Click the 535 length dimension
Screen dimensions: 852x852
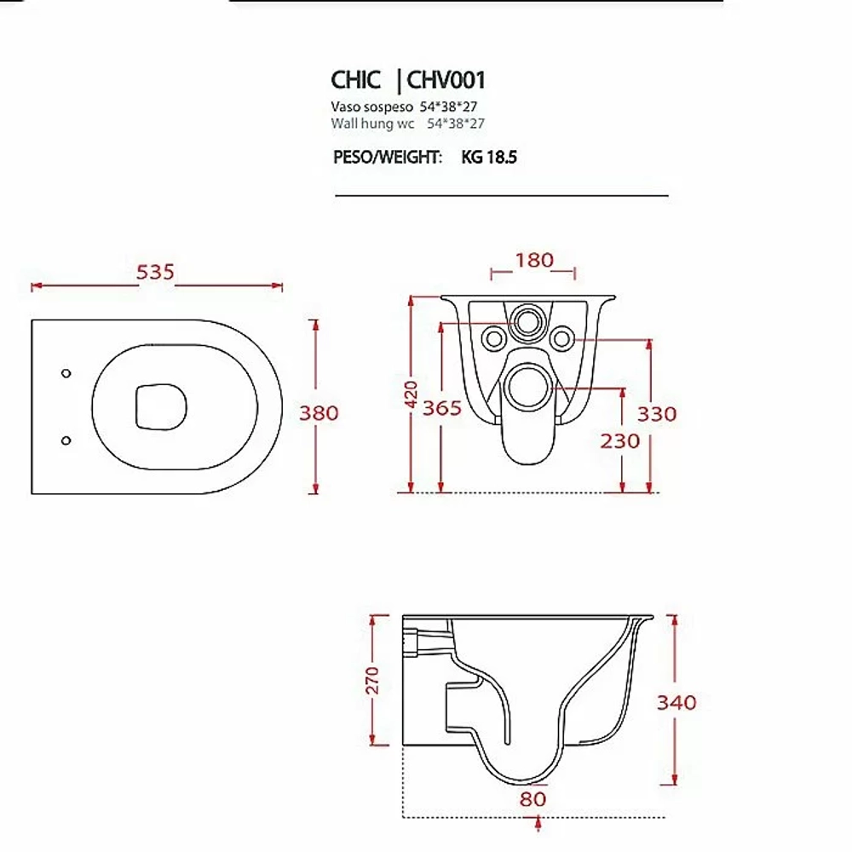tap(155, 272)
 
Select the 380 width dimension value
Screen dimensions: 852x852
tap(319, 413)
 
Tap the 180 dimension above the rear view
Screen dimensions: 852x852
tap(534, 260)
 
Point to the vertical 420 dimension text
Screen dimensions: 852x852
tap(411, 394)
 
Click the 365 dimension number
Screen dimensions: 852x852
tap(441, 407)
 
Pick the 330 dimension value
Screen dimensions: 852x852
tap(657, 414)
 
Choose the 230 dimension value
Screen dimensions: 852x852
tap(620, 440)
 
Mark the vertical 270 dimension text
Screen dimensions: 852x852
tap(372, 680)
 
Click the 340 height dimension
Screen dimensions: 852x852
tap(676, 703)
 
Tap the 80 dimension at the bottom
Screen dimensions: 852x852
tap(532, 799)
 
